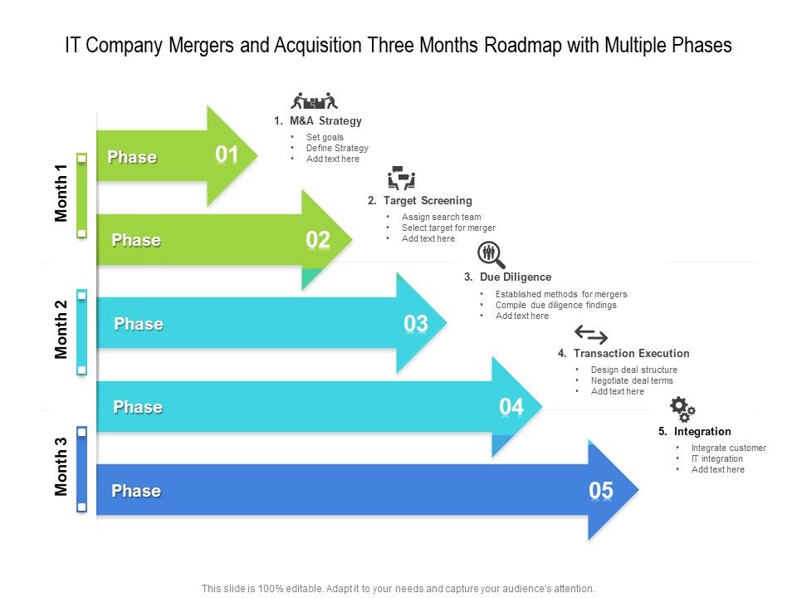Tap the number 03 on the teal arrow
point(416,323)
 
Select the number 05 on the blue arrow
point(601,490)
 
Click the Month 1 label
point(61,193)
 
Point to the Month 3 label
point(61,468)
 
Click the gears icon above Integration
point(682,408)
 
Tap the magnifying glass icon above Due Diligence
point(491,254)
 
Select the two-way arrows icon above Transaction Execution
point(591,335)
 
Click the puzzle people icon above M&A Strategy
point(314,101)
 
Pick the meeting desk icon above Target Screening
point(402,178)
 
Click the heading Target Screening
point(428,200)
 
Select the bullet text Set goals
point(325,137)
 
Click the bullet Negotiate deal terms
point(632,380)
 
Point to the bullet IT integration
point(716,458)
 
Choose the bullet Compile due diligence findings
point(555,305)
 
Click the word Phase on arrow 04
point(138,407)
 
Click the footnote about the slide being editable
point(398,588)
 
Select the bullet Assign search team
point(441,217)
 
